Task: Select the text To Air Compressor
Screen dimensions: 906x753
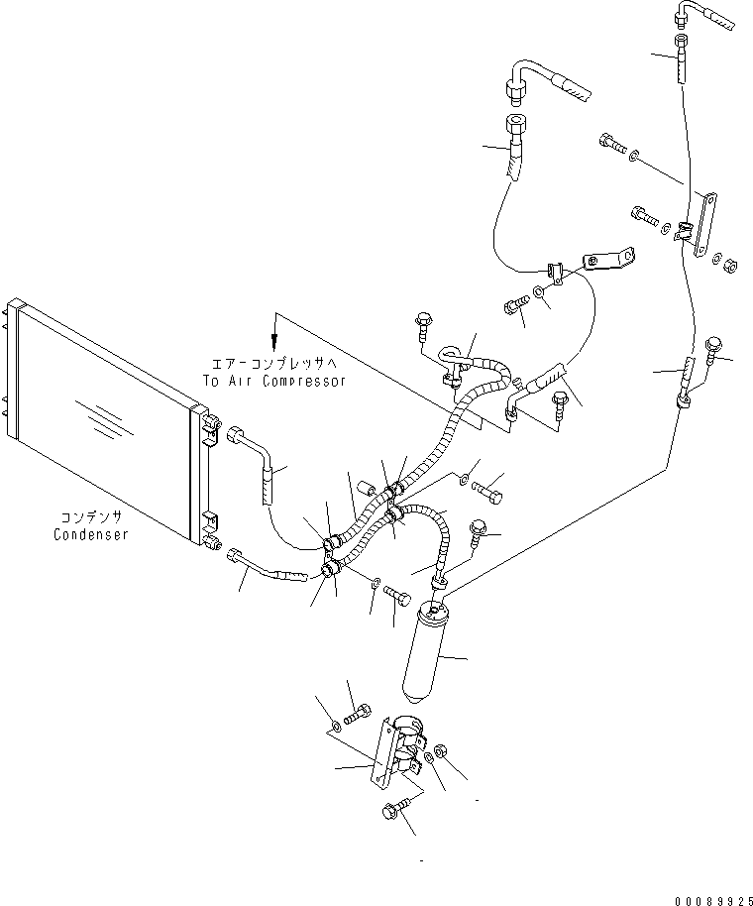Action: [x=273, y=381]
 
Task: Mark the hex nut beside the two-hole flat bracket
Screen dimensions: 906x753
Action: [x=726, y=265]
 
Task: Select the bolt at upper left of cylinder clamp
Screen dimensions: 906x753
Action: [x=358, y=712]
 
